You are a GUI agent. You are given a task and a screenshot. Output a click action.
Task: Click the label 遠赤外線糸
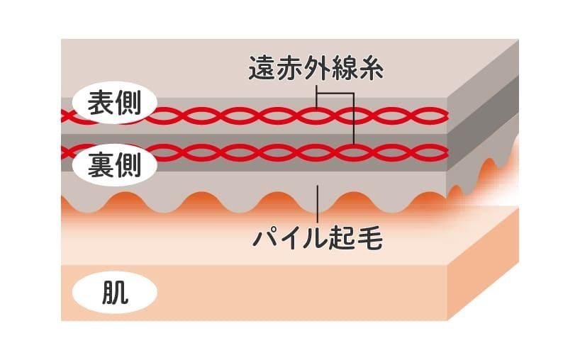tap(316, 68)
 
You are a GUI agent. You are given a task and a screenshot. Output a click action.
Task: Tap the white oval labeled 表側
tap(114, 102)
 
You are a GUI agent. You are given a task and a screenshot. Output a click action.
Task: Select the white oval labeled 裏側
tap(114, 165)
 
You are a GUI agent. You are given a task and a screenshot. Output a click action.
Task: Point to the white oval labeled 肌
tap(115, 293)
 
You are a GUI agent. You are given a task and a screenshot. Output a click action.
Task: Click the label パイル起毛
tap(318, 239)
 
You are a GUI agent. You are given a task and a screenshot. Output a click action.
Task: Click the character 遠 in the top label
tap(262, 68)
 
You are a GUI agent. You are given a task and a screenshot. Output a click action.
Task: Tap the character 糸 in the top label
tap(371, 68)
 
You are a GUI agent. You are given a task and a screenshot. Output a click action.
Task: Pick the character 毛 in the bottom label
tap(370, 239)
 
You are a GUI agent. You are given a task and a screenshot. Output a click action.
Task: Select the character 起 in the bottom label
tap(343, 239)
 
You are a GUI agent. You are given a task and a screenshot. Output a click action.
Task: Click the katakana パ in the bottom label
tap(265, 239)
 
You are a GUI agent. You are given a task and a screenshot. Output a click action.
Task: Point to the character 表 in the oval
tap(101, 102)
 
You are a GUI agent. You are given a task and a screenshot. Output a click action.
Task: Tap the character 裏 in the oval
tap(101, 165)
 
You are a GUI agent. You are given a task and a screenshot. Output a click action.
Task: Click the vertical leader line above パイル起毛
tap(318, 204)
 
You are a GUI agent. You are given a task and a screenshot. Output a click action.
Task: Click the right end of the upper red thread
tap(447, 116)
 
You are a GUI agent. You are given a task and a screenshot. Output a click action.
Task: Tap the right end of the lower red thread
tap(447, 152)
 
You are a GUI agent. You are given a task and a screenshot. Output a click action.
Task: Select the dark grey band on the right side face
tap(483, 106)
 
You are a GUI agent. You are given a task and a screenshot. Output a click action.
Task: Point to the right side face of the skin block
tap(483, 264)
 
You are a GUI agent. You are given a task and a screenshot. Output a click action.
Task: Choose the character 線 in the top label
tap(344, 68)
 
